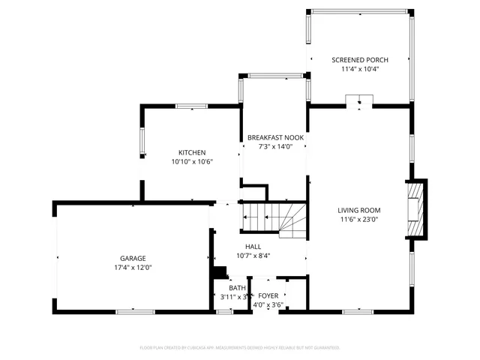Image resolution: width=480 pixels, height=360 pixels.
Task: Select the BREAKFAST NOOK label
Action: [274, 137]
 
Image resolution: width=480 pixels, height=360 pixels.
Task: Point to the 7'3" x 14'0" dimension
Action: [274, 146]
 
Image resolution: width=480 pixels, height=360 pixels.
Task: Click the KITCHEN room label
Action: [192, 152]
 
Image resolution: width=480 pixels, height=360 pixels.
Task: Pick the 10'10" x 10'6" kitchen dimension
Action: [192, 161]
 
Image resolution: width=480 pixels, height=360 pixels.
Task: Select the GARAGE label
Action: [133, 258]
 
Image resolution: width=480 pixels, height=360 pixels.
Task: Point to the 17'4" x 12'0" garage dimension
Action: [133, 267]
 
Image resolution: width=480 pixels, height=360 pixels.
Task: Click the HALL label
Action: [253, 246]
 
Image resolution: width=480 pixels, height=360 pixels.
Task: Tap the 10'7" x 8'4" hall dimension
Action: [253, 255]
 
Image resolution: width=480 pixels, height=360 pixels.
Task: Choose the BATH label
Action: [237, 288]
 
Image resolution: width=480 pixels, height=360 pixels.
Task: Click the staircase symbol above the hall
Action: [274, 220]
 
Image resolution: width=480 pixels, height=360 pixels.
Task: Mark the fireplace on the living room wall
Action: [416, 208]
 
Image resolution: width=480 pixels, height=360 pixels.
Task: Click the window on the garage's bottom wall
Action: [136, 311]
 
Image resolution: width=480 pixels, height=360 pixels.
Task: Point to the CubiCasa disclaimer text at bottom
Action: [240, 348]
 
